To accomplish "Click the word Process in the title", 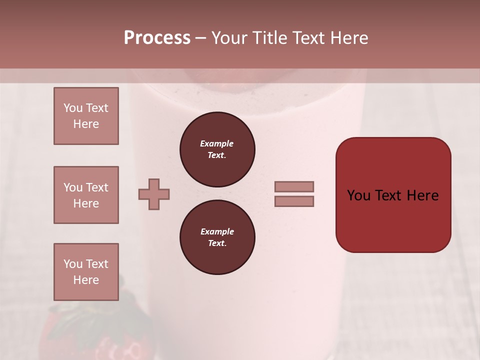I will pyautogui.click(x=157, y=38).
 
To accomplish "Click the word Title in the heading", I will pyautogui.click(x=269, y=38).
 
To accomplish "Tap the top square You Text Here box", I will pyautogui.click(x=86, y=116).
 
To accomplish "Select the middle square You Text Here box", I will pyautogui.click(x=86, y=195).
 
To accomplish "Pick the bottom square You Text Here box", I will pyautogui.click(x=86, y=272).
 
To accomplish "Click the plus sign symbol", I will pyautogui.click(x=154, y=194).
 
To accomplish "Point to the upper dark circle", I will pyautogui.click(x=217, y=149).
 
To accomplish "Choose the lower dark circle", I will pyautogui.click(x=217, y=237).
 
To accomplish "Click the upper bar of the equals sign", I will pyautogui.click(x=294, y=186).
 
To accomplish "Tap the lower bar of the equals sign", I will pyautogui.click(x=294, y=201).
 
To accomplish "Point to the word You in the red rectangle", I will pyautogui.click(x=358, y=195).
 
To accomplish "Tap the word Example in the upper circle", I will pyautogui.click(x=216, y=143).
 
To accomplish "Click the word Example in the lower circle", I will pyautogui.click(x=217, y=231).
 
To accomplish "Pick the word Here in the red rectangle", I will pyautogui.click(x=422, y=195).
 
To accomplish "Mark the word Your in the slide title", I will pyautogui.click(x=230, y=38).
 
